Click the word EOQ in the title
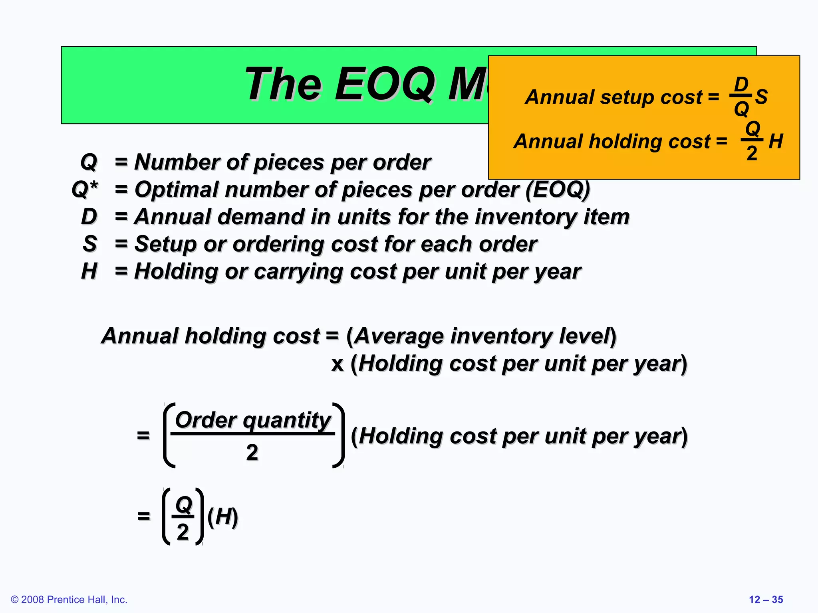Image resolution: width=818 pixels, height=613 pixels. point(385,84)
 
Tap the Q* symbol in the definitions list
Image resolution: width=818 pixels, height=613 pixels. point(85,189)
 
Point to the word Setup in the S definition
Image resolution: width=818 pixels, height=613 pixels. point(165,244)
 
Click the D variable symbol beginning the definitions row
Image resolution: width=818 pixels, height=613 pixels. point(89,217)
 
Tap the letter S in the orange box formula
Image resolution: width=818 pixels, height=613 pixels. point(761,97)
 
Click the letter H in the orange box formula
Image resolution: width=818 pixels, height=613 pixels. point(776,141)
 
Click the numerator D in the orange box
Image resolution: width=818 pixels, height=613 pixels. point(741,85)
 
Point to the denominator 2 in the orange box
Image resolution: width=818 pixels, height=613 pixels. point(752,153)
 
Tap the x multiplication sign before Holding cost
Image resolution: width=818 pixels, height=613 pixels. point(338,364)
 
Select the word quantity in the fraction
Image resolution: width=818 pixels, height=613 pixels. point(287,421)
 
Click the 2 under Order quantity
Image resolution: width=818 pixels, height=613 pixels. point(252,453)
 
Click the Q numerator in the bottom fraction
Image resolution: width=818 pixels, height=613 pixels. point(183,505)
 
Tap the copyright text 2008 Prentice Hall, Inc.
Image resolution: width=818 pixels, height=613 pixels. point(69,599)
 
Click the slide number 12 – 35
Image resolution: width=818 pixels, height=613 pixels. point(766,599)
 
